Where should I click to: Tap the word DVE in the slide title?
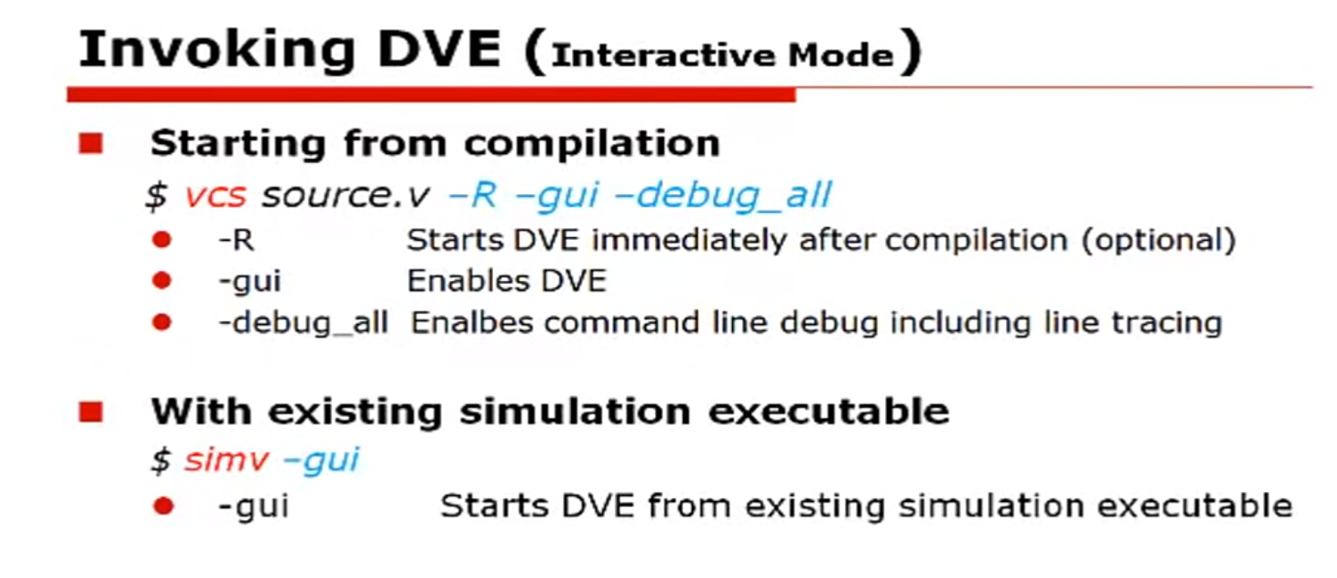tap(439, 51)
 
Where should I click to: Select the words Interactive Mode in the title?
tap(723, 55)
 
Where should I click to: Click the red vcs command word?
tap(215, 195)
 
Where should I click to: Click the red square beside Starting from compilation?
tap(91, 143)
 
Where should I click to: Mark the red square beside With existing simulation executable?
tap(91, 412)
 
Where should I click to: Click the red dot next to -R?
tap(161, 240)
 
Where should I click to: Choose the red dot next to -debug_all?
tap(161, 322)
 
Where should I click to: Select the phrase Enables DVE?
tap(507, 281)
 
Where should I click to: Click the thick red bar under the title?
tap(430, 94)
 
